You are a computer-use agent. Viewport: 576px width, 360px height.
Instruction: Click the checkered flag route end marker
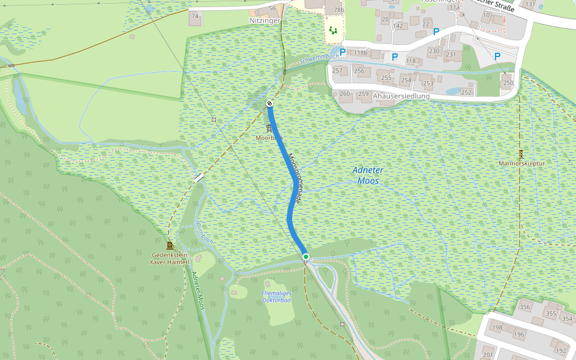pos(269,104)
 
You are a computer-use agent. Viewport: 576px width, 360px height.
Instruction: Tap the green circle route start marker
pos(305,257)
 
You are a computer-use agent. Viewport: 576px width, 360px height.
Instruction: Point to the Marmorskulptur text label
pos(520,164)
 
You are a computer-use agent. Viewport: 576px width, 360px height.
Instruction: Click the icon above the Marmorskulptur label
pos(520,154)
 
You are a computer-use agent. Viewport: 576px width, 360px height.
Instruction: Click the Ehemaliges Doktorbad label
pos(276,296)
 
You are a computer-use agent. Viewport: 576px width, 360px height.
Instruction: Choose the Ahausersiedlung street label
pos(401,96)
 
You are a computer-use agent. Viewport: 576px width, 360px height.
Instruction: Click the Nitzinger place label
pos(265,20)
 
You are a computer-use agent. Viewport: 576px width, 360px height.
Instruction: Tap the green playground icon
pos(333,29)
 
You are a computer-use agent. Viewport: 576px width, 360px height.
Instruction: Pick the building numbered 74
pos(194,16)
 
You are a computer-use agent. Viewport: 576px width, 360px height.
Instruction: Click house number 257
pos(337,71)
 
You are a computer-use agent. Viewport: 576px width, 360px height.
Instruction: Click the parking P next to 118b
pos(343,52)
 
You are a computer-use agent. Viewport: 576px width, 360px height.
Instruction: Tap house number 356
pos(524,307)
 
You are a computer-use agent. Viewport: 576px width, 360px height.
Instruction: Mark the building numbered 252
pos(466,92)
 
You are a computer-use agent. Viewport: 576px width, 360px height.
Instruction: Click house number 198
pos(497,328)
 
